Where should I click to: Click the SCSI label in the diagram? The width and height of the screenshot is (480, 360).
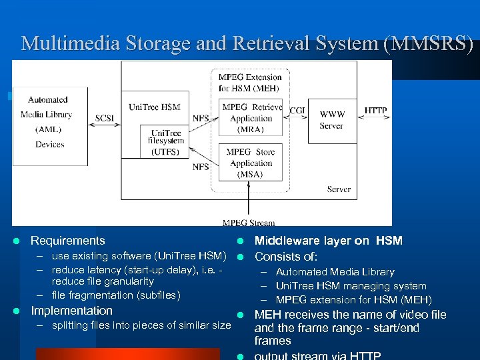coord(105,118)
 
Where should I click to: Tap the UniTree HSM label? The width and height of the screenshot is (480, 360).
coord(155,107)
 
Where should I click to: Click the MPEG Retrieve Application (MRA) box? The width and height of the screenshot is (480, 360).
coord(251,118)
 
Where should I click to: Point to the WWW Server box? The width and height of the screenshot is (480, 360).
coord(331,120)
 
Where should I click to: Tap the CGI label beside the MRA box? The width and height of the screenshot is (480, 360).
coord(297,110)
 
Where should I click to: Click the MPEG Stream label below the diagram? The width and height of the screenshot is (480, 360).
coord(249,223)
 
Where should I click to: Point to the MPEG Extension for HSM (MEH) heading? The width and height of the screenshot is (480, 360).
coord(250,82)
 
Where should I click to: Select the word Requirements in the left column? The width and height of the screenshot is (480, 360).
coord(68,241)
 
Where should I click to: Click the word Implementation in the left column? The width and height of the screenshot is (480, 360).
coord(72,311)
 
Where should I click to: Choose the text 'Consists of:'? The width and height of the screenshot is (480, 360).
coord(287,257)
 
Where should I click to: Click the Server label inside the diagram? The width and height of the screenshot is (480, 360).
coord(339,189)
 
